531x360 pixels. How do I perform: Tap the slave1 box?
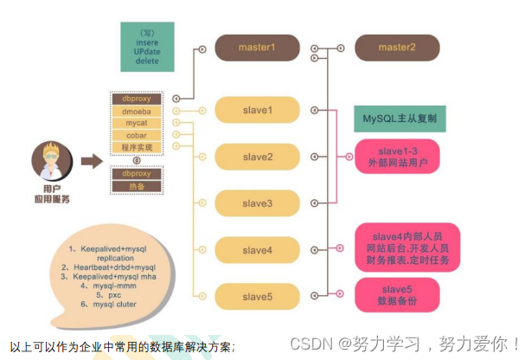257,110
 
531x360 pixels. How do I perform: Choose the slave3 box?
257,203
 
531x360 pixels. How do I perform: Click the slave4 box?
257,250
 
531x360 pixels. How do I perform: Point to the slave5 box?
257,297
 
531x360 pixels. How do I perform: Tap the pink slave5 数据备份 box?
398,294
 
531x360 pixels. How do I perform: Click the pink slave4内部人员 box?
406,246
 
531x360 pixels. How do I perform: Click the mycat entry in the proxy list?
137,124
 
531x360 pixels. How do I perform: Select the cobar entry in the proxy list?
137,136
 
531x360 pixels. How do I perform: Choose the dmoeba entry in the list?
137,112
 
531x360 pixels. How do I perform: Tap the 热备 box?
137,186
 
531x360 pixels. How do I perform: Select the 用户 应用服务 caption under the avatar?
51,195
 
